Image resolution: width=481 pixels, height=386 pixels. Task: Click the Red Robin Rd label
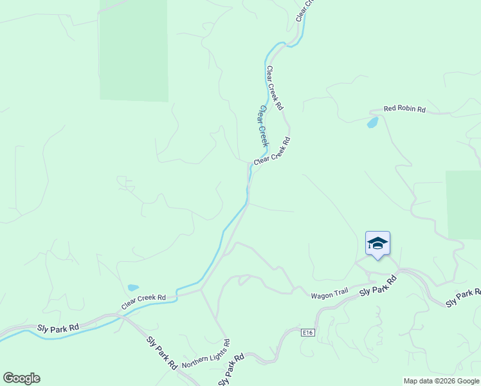tap(404, 109)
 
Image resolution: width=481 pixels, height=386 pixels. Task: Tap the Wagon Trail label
tap(329, 295)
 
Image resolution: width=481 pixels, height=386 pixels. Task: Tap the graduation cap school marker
tap(377, 243)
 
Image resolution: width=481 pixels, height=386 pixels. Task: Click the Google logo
tap(21, 378)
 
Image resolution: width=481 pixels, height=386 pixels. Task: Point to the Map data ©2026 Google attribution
tap(441, 381)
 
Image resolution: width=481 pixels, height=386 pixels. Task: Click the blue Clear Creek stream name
tap(262, 126)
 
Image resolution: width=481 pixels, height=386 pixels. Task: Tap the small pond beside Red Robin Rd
tap(372, 122)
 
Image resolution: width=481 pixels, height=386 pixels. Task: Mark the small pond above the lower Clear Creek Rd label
tap(133, 288)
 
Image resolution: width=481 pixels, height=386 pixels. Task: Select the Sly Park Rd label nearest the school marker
tap(378, 284)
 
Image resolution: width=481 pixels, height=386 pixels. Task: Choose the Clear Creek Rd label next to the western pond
tap(143, 298)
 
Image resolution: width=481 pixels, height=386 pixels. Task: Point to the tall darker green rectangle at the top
tap(134, 50)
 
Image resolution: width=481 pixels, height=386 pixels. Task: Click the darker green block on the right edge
tap(463, 205)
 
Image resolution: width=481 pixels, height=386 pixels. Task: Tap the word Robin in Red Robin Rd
tap(405, 109)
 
